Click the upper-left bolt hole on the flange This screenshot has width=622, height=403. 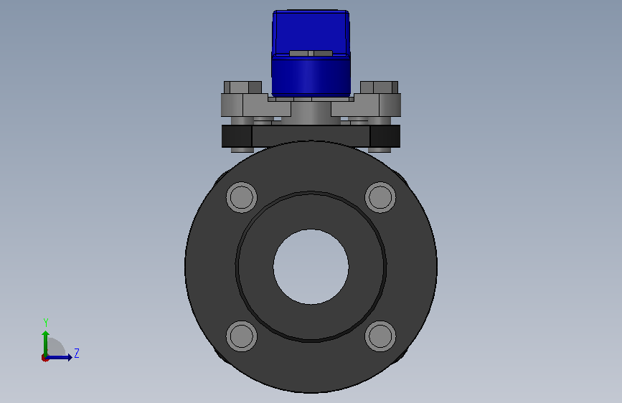point(242,197)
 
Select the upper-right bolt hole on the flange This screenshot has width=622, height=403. point(380,197)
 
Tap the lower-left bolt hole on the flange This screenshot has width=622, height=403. point(242,336)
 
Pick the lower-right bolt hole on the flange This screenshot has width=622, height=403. point(380,336)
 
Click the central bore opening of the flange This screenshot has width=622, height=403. point(311,267)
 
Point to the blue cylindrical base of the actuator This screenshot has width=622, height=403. point(311,76)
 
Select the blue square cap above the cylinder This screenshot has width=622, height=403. point(311,32)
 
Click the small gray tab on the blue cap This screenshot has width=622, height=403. point(311,53)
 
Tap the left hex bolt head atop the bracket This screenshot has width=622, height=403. point(242,87)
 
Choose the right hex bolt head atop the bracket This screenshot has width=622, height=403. point(380,87)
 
